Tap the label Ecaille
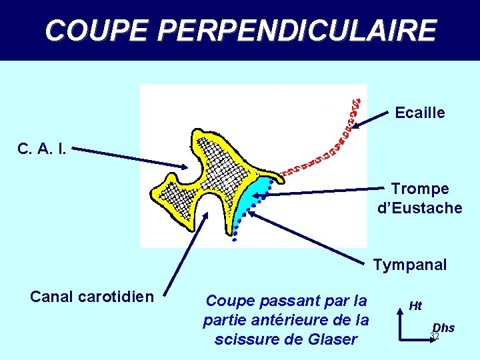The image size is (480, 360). coord(420,113)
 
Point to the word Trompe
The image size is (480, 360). coord(420,189)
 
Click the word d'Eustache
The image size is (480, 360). coord(420,208)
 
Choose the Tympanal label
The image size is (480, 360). coord(410,265)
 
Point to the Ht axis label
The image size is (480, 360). coord(415,306)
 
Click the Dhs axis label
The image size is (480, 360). coord(443,327)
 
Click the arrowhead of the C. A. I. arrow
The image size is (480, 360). coord(187,167)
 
